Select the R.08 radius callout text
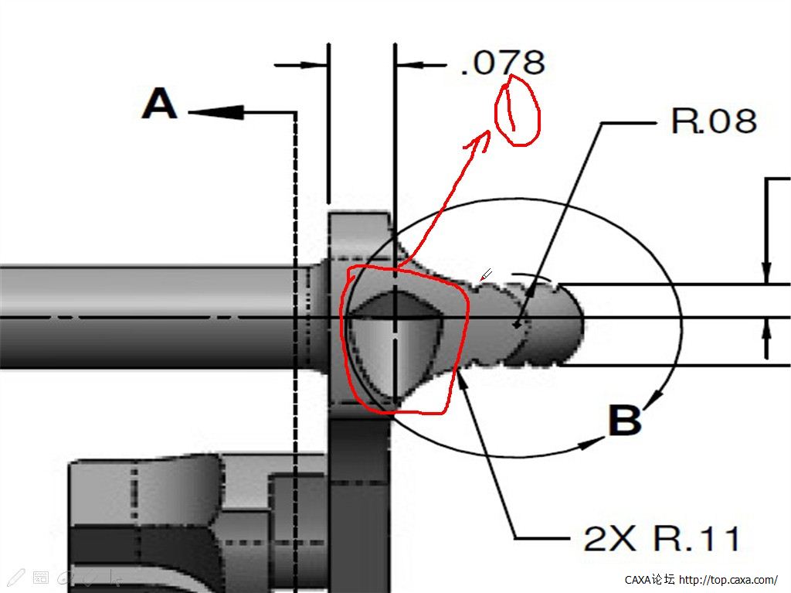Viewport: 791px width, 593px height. pos(713,121)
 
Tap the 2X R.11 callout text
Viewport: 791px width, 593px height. pos(661,538)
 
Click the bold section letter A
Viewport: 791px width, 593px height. pos(160,104)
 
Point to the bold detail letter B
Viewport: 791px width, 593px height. pos(625,421)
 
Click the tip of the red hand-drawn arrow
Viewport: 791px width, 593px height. pos(488,134)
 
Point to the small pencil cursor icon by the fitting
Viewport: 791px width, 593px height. pos(486,274)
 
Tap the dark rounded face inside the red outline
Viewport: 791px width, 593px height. pos(390,348)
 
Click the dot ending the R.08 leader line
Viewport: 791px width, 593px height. pos(517,325)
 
